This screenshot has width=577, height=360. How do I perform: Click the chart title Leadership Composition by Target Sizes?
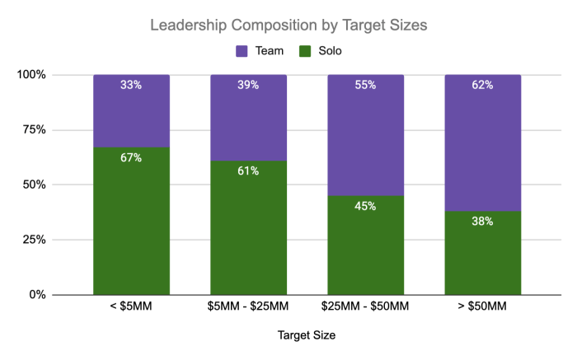288,26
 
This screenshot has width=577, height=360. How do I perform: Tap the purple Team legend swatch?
242,51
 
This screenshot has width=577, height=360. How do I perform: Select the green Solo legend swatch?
305,51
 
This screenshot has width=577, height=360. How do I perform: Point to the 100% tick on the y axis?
31,75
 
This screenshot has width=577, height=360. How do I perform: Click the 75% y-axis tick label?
35,129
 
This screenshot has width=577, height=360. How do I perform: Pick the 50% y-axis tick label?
35,185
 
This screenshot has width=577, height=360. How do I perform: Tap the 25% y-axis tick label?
35,240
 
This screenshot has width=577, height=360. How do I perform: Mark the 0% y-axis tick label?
38,295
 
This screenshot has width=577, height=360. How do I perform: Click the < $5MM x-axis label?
131,306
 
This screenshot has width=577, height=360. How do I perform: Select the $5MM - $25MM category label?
248,306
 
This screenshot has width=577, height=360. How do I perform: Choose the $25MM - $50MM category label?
365,306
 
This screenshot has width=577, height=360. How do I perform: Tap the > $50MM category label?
482,306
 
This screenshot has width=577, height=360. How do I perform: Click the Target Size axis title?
307,335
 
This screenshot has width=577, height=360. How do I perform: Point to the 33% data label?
131,85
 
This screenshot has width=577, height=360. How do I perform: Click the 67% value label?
131,157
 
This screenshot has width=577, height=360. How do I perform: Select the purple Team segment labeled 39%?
248,118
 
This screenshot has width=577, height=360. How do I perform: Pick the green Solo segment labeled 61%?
248,228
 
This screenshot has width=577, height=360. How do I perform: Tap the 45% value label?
365,206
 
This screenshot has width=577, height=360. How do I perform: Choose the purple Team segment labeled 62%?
483,143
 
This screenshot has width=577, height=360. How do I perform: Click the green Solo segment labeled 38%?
483,253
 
